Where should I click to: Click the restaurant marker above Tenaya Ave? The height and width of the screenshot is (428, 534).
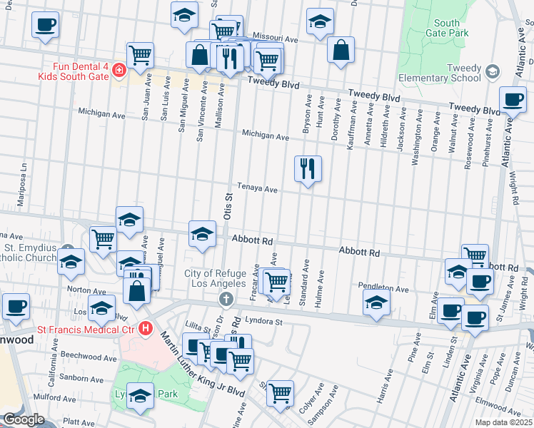click(308, 169)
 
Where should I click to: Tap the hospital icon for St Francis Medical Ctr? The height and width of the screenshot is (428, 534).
click(146, 329)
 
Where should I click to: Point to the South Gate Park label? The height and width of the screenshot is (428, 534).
click(447, 28)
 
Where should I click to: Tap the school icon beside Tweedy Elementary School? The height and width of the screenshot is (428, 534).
click(492, 71)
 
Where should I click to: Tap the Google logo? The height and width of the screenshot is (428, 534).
click(23, 419)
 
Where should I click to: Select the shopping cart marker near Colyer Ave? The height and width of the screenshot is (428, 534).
click(281, 393)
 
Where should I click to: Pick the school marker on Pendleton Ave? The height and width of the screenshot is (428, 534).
click(376, 302)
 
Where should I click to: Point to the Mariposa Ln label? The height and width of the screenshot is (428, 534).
click(23, 181)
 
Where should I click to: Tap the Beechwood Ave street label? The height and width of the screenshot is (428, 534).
click(84, 356)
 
